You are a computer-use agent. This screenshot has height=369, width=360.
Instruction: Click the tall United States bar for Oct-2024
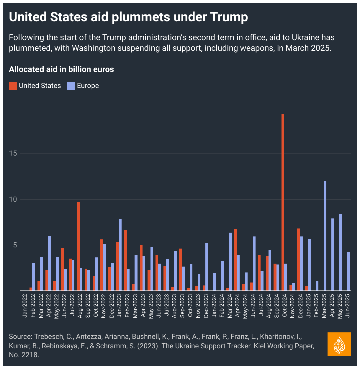point(283,202)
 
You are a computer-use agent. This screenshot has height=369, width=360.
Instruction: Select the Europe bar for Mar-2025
point(325,236)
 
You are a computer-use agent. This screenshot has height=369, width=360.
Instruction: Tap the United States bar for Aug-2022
point(78,246)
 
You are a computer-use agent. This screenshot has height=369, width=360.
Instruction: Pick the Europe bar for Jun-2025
point(348,271)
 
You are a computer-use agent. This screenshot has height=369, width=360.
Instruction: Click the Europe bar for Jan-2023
point(120,255)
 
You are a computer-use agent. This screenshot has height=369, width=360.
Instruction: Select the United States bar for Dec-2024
point(299,259)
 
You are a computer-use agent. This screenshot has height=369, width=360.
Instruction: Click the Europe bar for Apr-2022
point(50,263)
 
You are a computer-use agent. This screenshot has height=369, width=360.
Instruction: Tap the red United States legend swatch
point(13,86)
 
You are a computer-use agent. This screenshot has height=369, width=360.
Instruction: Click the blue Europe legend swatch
point(71,86)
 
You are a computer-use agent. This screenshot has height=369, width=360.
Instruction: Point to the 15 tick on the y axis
point(13,153)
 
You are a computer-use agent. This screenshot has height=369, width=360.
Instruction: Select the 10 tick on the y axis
point(13,199)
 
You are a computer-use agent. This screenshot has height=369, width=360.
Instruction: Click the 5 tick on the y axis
point(15,245)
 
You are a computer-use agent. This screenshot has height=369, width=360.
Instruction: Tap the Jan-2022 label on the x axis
point(25,306)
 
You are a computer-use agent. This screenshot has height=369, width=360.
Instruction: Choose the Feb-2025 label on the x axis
point(316,306)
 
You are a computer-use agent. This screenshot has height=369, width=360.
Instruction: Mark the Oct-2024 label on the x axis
point(285,306)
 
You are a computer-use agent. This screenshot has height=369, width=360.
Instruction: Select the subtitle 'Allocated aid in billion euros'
point(61,69)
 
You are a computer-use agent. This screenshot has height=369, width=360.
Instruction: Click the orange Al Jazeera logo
point(339,344)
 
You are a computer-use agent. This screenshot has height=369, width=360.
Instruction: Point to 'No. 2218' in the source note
point(24,355)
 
